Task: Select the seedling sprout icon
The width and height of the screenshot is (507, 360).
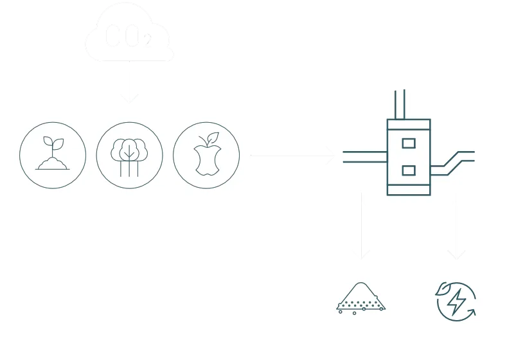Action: (53, 155)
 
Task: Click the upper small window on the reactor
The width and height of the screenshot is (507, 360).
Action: (408, 143)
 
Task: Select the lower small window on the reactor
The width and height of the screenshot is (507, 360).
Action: (408, 170)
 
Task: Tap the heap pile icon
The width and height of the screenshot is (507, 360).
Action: (361, 298)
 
